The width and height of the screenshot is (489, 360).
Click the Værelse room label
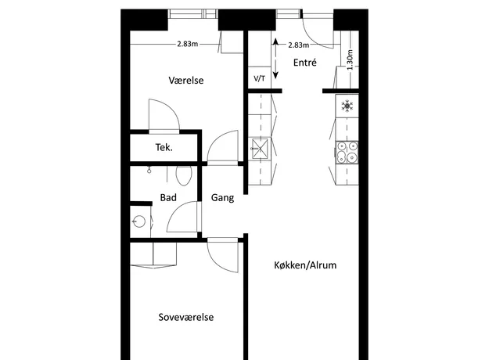[x=186, y=81]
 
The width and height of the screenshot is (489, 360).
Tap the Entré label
[x=304, y=63]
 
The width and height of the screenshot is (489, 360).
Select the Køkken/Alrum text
[x=305, y=265]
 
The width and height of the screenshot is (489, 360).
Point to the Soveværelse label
[x=186, y=317]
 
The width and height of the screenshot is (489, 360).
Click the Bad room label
[x=168, y=197]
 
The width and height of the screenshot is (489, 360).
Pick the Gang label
[x=222, y=198]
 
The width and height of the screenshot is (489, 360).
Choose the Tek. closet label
[x=164, y=147]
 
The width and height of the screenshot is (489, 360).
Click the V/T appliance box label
[x=260, y=78]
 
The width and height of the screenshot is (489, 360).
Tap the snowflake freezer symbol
[x=347, y=106]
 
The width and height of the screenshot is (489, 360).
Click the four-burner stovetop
[x=347, y=153]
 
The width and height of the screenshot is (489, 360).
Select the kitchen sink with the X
[x=260, y=149]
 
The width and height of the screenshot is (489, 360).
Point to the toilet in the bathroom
[x=184, y=175]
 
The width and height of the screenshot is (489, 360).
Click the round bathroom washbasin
[x=139, y=221]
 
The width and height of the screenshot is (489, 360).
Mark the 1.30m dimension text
[x=350, y=59]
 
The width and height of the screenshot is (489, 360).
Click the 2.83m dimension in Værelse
[x=188, y=44]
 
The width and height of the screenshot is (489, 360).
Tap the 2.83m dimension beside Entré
[x=298, y=45]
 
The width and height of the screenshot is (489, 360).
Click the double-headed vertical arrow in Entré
[x=275, y=59]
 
